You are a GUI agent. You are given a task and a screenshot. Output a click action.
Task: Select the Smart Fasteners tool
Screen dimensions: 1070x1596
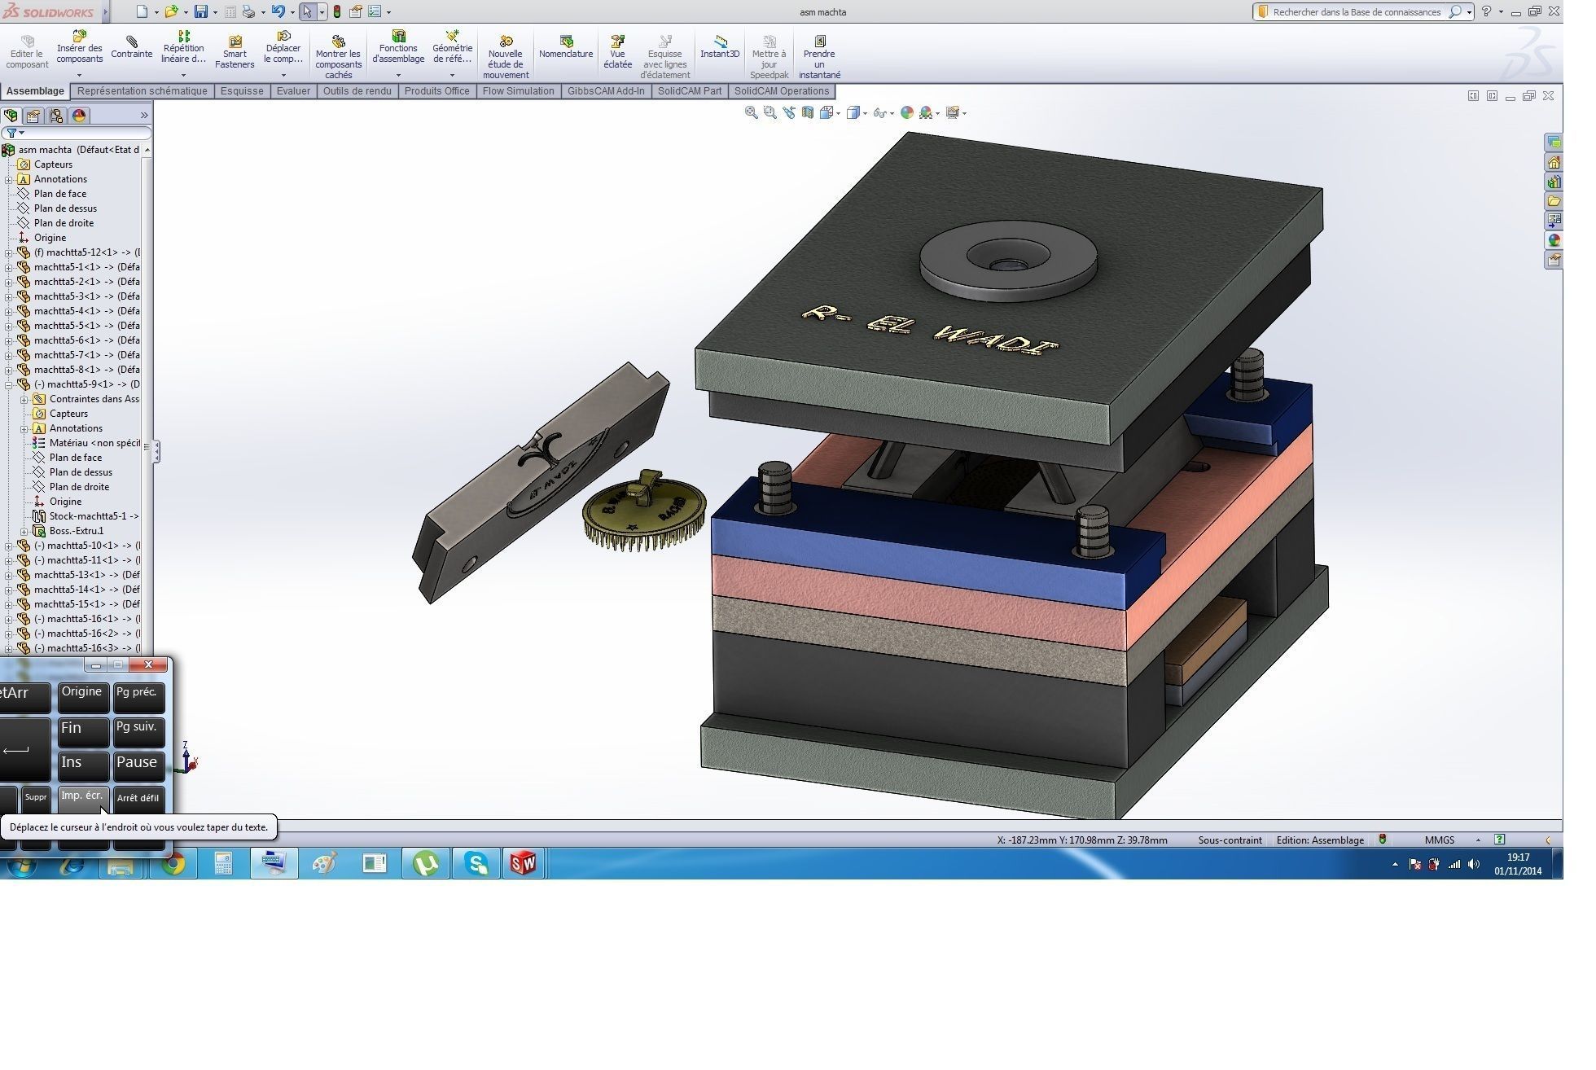pos(235,52)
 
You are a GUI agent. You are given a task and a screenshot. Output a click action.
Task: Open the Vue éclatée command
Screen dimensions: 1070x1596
pos(617,52)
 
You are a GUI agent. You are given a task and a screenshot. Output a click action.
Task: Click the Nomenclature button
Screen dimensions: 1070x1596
pos(566,47)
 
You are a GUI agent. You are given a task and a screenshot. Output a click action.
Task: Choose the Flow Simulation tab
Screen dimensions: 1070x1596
pos(518,91)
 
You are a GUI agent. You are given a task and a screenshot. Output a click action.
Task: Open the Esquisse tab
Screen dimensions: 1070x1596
pos(242,91)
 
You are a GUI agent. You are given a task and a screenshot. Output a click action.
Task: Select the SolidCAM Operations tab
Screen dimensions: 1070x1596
pos(781,91)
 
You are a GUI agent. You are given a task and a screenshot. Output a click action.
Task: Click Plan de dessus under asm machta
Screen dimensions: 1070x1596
pos(65,208)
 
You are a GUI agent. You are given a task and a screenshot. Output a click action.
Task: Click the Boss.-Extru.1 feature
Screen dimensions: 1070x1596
pos(76,531)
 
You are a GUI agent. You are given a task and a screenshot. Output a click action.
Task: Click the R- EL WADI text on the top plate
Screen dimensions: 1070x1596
pos(929,331)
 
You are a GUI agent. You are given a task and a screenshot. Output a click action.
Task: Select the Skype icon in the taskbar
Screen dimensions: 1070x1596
pos(476,863)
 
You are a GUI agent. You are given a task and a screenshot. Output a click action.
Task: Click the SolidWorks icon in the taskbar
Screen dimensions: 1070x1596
pos(524,863)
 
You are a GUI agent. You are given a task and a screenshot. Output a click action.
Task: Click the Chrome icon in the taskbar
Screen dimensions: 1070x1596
pos(173,863)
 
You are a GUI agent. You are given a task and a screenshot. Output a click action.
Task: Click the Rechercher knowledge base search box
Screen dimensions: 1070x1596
pos(1356,12)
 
